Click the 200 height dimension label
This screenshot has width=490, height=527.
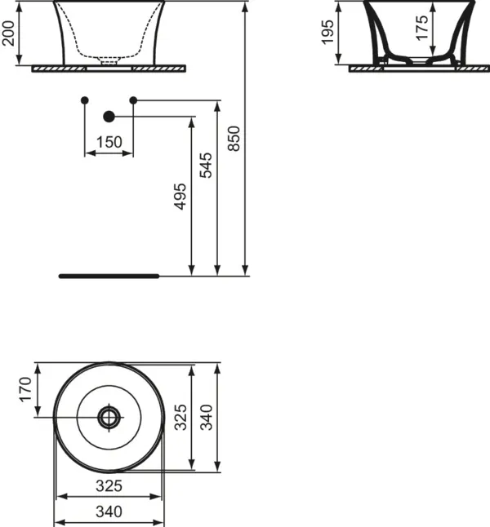click(8, 33)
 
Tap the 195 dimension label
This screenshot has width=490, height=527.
click(327, 32)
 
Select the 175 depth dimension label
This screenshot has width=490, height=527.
click(422, 29)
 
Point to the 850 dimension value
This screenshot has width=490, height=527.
click(234, 139)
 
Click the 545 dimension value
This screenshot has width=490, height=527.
click(206, 165)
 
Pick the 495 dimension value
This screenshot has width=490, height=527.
click(180, 197)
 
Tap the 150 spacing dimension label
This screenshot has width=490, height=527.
click(109, 142)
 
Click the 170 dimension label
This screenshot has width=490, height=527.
click(25, 389)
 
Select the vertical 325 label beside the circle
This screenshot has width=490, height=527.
click(180, 417)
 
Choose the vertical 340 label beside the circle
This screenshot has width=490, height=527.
click(207, 417)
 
